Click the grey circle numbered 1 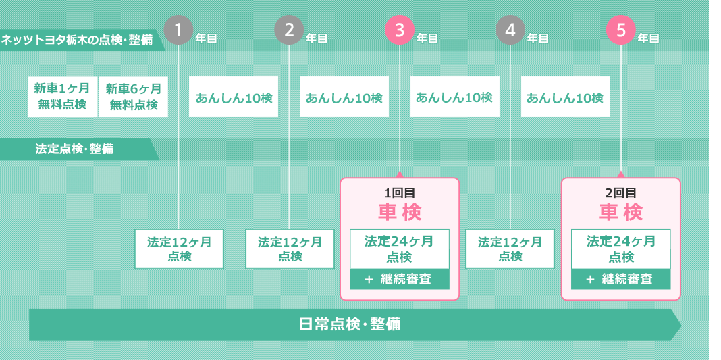178,30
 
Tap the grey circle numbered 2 289,30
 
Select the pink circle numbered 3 399,30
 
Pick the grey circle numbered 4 510,30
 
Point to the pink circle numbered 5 621,30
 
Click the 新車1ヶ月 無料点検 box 63,97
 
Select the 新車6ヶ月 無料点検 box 134,97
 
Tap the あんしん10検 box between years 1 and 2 234,97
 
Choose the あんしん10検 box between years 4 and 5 566,97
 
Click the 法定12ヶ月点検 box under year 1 179,249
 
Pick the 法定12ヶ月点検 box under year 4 510,249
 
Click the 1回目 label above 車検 400,192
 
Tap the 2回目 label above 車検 621,192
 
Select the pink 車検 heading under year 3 400,212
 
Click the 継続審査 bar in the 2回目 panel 621,279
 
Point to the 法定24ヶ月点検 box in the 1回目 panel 400,249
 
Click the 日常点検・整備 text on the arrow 350,325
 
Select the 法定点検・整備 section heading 74,149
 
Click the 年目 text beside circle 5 648,38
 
